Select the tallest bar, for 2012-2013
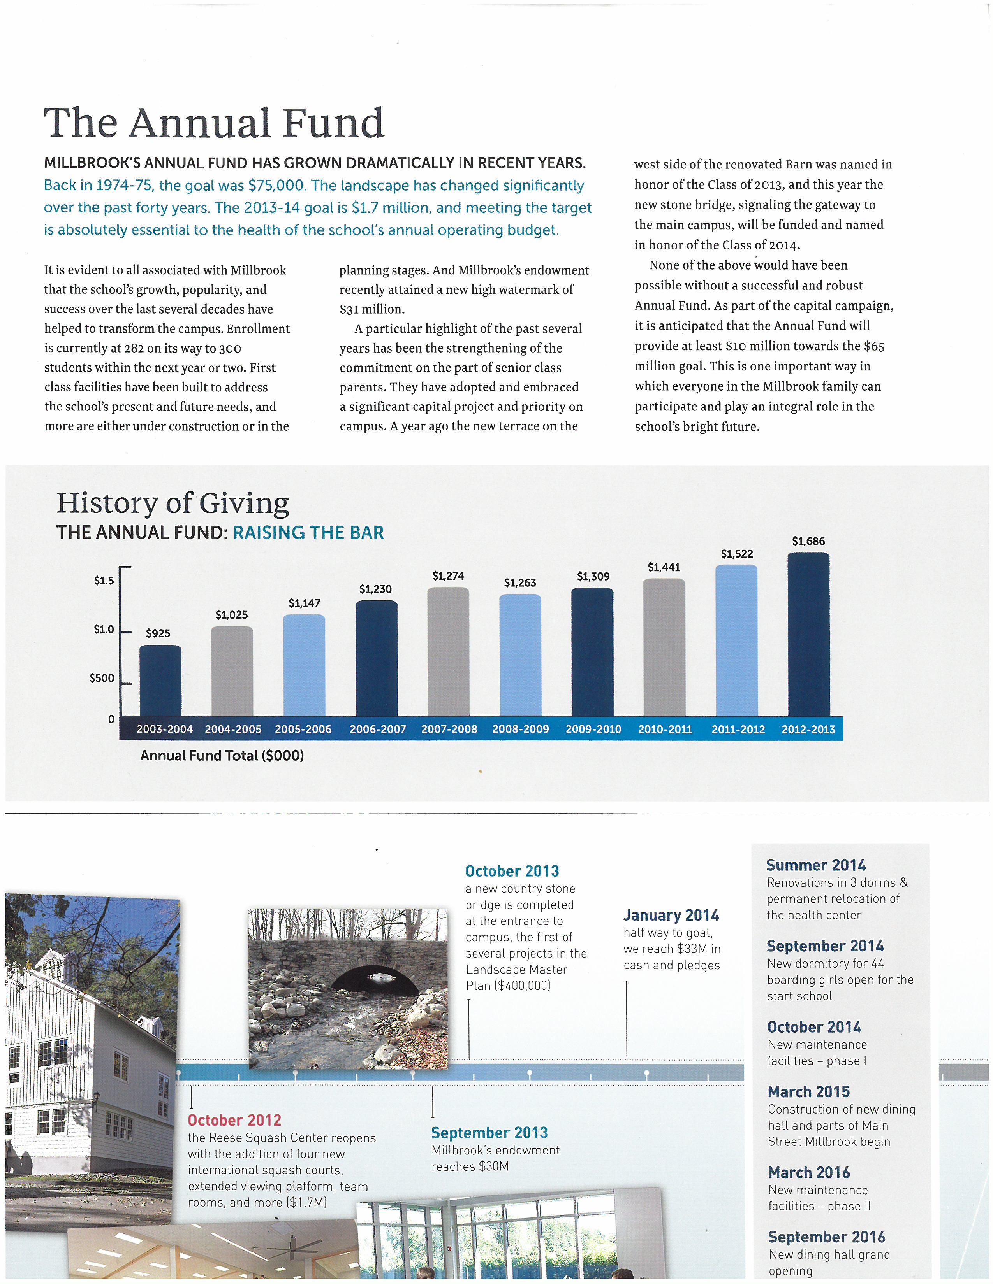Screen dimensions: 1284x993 pyautogui.click(x=808, y=635)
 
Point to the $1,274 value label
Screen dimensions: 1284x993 pyautogui.click(x=448, y=576)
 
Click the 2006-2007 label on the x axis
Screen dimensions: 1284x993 pyautogui.click(x=378, y=729)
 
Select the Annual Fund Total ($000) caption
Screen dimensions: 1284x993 pyautogui.click(x=222, y=756)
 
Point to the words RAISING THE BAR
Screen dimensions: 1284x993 pyautogui.click(x=308, y=533)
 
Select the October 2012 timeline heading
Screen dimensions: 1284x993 pyautogui.click(x=234, y=1120)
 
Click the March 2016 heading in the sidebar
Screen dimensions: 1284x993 pyautogui.click(x=809, y=1172)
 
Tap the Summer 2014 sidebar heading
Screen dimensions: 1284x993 pyautogui.click(x=815, y=865)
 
